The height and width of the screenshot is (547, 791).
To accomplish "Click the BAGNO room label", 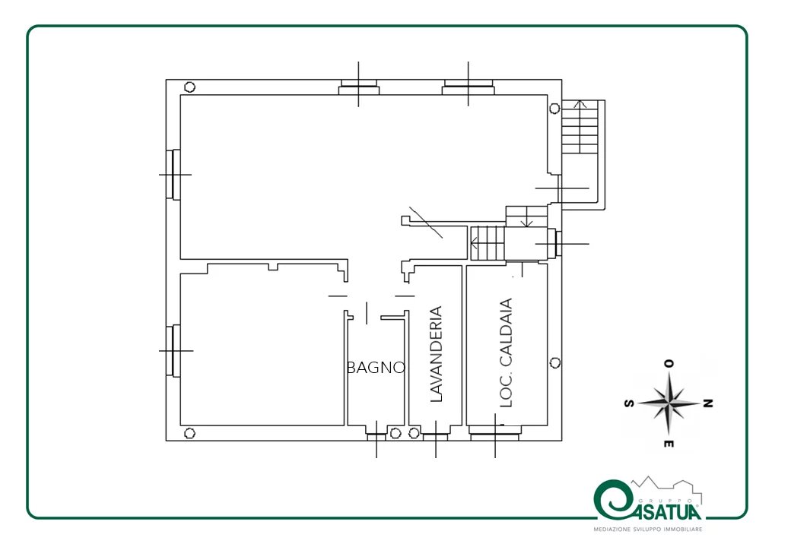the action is click(x=376, y=368).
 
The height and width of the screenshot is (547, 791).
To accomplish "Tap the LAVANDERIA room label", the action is click(x=436, y=353).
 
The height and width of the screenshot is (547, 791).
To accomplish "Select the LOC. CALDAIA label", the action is click(x=506, y=353).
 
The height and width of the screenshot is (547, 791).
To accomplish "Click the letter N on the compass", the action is click(x=708, y=403).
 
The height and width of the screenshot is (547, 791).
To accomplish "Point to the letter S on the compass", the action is click(x=629, y=403).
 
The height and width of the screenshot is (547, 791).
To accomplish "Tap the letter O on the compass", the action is click(x=669, y=364).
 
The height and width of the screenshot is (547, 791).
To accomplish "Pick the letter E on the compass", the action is click(x=669, y=444).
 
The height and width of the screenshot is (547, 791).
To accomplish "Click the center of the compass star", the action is click(x=669, y=403).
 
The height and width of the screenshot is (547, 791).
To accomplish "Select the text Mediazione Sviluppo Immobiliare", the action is click(x=648, y=530).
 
